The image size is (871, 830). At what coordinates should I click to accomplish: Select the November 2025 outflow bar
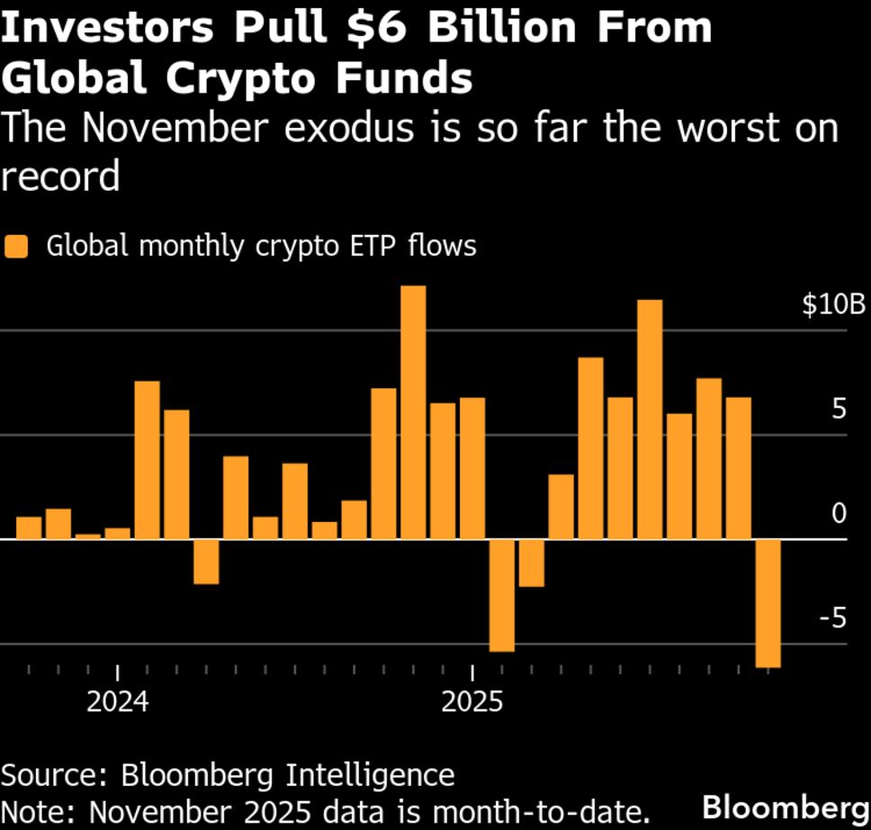[768, 603]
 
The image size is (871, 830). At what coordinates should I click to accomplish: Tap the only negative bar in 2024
[206, 562]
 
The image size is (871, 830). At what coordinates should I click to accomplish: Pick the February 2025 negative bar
[501, 595]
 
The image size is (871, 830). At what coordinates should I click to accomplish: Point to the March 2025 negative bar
[531, 563]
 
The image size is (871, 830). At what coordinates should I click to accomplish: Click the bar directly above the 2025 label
[472, 468]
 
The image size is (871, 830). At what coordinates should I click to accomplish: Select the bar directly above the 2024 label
[118, 533]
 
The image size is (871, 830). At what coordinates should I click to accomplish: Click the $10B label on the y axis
[833, 305]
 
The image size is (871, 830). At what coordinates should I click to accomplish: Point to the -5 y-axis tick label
[832, 618]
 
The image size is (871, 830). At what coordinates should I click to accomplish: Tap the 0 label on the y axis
[839, 514]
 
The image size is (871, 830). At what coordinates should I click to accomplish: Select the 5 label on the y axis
[839, 410]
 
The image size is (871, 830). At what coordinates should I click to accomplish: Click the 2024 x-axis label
[118, 702]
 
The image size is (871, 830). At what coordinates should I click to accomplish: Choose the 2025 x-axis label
[472, 702]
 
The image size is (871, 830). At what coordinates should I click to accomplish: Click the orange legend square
[17, 247]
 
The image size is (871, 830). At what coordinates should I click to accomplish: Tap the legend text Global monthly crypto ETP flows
[261, 247]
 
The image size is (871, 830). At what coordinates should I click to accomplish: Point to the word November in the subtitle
[175, 128]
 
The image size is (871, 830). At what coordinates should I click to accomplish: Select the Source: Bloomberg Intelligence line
[228, 775]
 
